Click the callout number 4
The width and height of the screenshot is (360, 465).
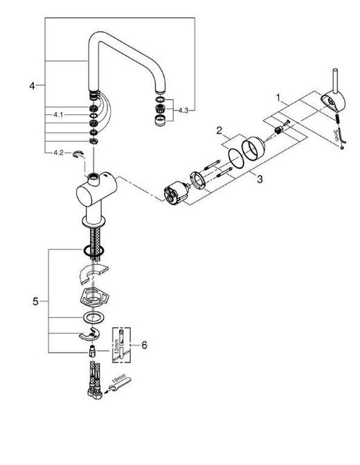32,86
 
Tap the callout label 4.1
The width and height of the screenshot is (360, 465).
58,114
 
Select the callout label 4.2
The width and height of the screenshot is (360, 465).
58,152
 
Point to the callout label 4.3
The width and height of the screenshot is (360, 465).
183,111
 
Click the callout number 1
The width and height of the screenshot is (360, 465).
278,98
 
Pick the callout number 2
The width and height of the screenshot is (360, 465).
219,130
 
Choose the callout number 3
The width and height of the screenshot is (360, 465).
260,179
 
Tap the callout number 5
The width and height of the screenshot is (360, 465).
35,301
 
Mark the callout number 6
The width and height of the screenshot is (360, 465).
144,345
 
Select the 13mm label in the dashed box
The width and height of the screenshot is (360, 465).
117,346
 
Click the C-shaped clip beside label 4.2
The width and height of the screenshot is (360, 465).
78,154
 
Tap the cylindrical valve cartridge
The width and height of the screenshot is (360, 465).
176,193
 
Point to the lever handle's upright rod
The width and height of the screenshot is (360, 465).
335,80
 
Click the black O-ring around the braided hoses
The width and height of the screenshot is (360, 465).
94,251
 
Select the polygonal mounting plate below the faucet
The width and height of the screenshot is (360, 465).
94,297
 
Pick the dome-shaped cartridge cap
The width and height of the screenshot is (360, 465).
253,148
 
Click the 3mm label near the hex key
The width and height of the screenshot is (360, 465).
336,134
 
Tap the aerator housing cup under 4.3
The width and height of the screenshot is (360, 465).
161,121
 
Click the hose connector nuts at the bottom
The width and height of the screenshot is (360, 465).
95,393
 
